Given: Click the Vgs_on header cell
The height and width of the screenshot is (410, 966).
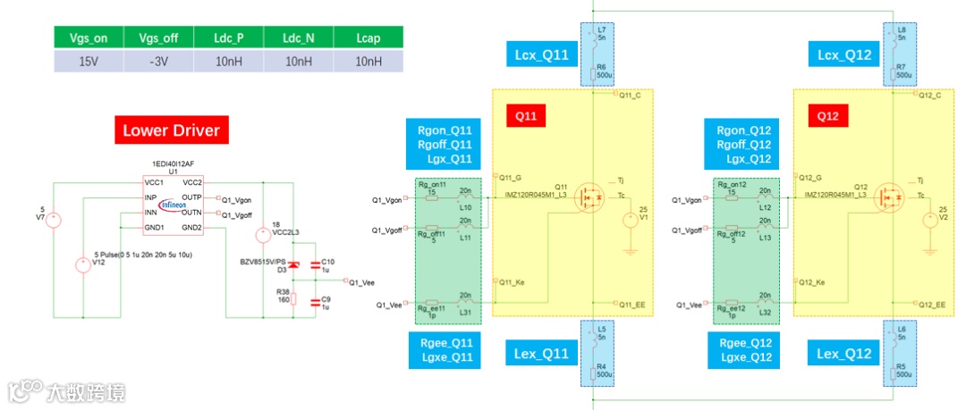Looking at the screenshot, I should point(88,38).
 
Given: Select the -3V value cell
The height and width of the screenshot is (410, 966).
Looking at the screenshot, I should point(158,61).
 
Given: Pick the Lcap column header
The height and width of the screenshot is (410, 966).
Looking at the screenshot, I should point(368,38).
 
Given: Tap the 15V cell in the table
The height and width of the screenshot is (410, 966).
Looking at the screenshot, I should point(88,61).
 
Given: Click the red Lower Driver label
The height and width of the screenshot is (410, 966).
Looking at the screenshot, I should point(171,130).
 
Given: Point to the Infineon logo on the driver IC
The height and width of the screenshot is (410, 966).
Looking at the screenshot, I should point(176,203).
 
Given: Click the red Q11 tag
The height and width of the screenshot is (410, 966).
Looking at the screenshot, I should point(526,115).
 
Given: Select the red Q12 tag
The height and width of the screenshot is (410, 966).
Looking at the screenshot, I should point(827,115).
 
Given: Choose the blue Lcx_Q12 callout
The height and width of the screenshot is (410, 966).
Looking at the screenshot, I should point(844,55).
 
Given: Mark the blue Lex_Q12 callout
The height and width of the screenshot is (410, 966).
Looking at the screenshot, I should point(844,354).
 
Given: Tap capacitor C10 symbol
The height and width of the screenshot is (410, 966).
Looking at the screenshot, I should point(314,265).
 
